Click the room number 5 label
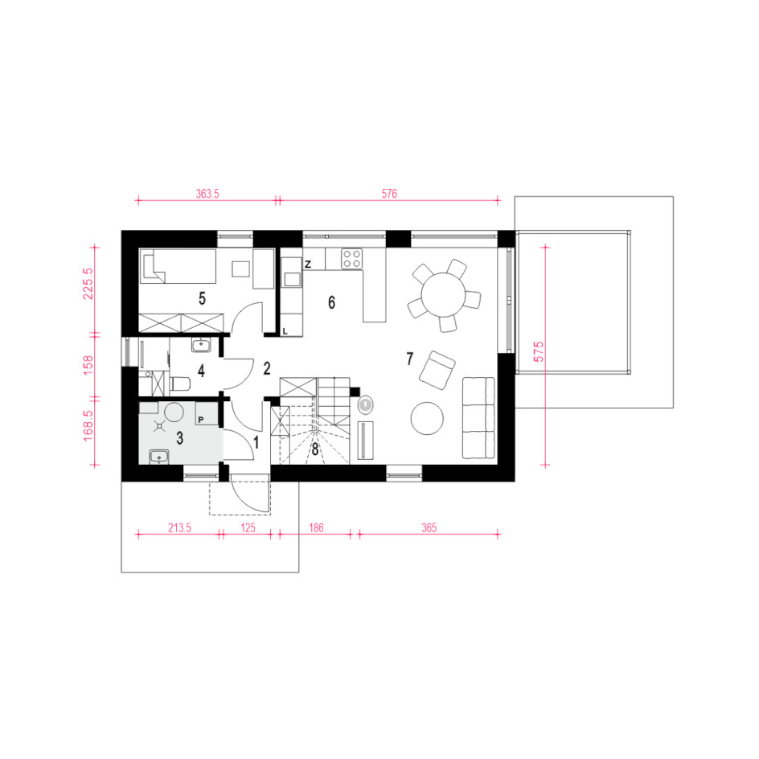[x=202, y=298]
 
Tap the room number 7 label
[x=410, y=359]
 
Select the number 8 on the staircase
[x=314, y=449]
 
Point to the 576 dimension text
[x=389, y=194]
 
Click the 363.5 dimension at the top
[x=207, y=194]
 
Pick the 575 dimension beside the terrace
[x=538, y=351]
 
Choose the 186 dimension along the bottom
[x=316, y=527]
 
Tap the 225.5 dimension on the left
[x=88, y=284]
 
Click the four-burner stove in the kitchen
[x=352, y=258]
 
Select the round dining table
[x=443, y=294]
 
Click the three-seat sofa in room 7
[x=478, y=418]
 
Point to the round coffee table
[x=427, y=419]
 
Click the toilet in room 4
[x=180, y=384]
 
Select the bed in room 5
[x=178, y=266]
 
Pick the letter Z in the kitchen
[x=307, y=265]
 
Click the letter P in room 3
[x=201, y=420]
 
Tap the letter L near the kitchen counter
[x=285, y=331]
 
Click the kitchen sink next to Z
[x=292, y=279]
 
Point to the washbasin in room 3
[x=158, y=457]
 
